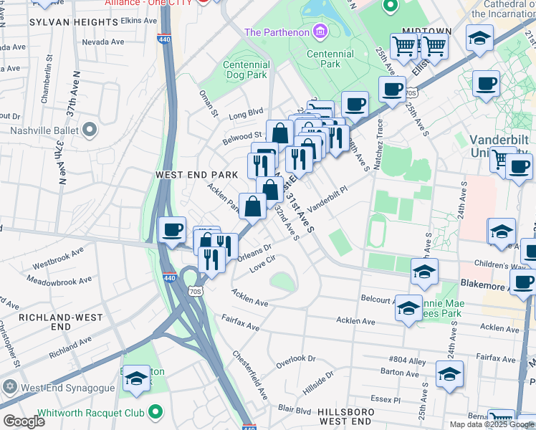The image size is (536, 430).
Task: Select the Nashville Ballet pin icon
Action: pyautogui.click(x=90, y=130)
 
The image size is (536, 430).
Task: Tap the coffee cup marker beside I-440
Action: pyautogui.click(x=172, y=231)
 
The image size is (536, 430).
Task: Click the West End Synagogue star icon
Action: pyautogui.click(x=9, y=387)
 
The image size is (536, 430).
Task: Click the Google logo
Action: pyautogui.click(x=24, y=421)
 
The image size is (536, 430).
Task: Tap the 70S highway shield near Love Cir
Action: pyautogui.click(x=197, y=291)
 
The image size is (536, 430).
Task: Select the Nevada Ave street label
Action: pyautogui.click(x=102, y=42)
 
